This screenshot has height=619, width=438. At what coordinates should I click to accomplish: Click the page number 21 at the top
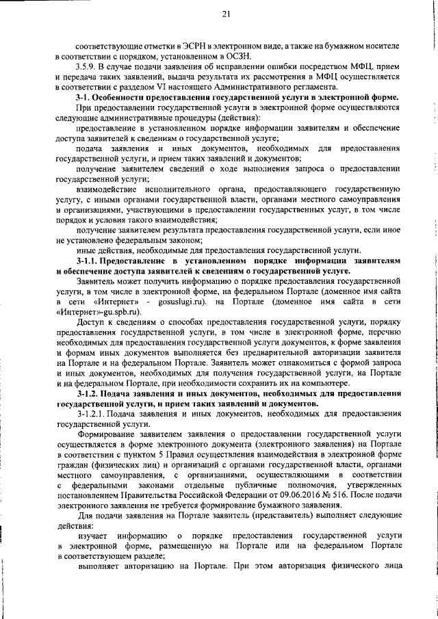[x=226, y=15]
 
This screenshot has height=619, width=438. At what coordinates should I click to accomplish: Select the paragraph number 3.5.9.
[x=89, y=69]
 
